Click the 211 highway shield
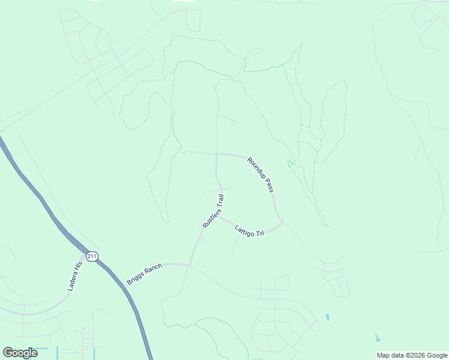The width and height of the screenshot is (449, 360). click(91, 256)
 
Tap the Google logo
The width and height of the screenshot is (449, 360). click(20, 353)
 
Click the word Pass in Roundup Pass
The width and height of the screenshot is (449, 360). click(270, 187)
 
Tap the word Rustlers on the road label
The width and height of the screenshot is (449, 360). click(211, 217)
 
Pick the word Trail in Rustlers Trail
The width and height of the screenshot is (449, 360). click(221, 199)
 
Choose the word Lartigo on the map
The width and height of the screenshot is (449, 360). click(244, 229)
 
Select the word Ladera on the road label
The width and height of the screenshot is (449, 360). click(71, 283)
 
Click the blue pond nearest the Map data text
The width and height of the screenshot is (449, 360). click(377, 337)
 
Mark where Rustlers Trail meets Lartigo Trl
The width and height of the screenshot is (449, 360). click(220, 217)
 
